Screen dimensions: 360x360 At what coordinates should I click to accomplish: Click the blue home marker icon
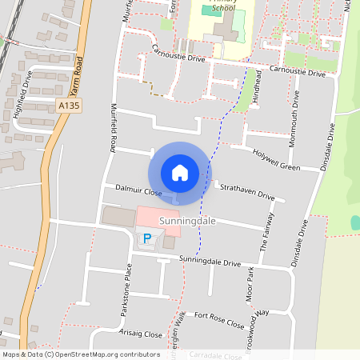[180, 172]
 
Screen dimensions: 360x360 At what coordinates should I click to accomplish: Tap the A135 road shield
[68, 104]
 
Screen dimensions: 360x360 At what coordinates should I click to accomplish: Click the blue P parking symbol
[146, 238]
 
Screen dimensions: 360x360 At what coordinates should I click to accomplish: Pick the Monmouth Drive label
[296, 113]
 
